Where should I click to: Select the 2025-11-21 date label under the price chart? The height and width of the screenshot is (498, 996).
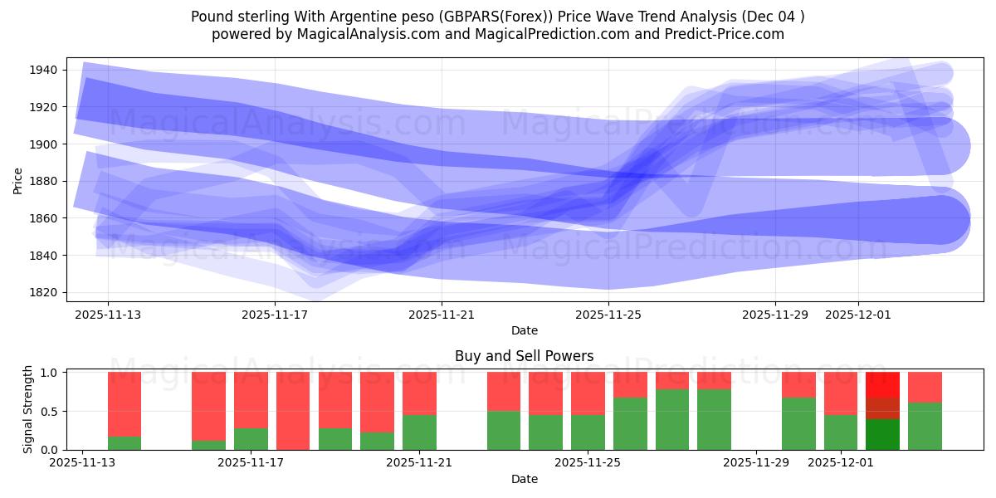(442, 315)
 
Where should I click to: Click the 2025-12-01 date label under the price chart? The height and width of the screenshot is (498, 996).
(858, 315)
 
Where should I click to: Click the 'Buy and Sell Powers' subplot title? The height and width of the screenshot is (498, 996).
(524, 356)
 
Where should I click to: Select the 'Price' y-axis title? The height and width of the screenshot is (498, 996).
(18, 180)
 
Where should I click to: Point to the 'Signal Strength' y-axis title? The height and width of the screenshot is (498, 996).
(28, 409)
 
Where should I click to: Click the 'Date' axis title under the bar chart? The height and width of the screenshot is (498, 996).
(524, 479)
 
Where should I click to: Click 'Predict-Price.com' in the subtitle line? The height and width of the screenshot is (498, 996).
(720, 34)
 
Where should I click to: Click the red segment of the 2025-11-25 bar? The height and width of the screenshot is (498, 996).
(588, 393)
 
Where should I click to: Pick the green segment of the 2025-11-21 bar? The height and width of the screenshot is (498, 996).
(419, 432)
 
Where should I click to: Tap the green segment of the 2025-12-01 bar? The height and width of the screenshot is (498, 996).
(841, 432)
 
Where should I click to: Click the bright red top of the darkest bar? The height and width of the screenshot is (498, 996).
(882, 384)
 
